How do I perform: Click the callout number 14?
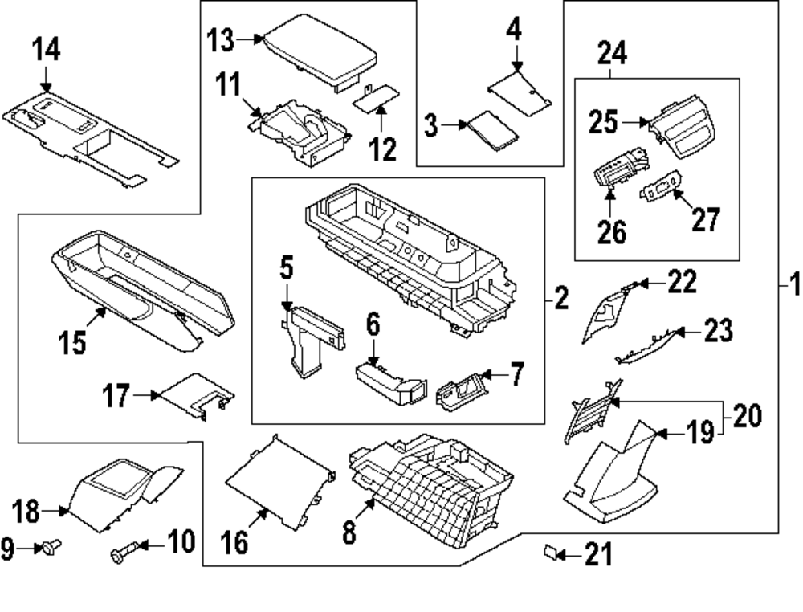pos(46,50)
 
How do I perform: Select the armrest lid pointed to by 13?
pos(320,53)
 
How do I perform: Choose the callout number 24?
pos(612,53)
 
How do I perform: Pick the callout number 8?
pos(349,531)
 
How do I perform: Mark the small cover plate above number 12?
pos(377,97)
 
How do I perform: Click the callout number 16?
pos(234,542)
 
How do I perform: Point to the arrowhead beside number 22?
pos(641,284)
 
